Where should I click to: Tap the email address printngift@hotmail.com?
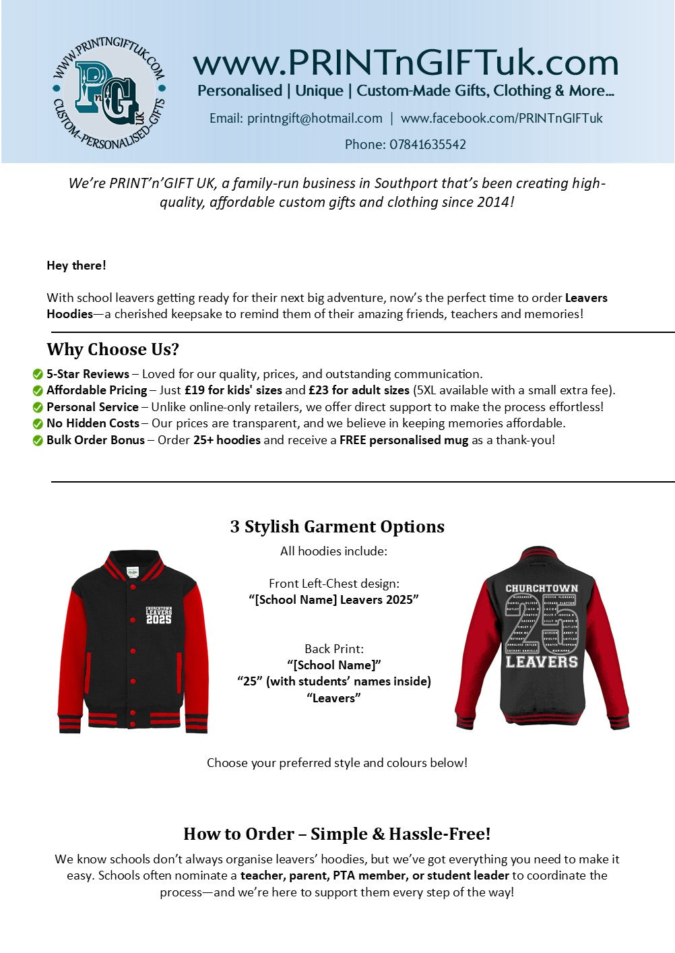(x=315, y=119)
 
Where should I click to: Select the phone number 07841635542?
(x=427, y=144)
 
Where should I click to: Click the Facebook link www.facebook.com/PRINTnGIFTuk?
(x=501, y=119)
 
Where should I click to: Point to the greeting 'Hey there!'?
(x=76, y=266)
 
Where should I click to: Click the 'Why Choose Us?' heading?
(x=112, y=349)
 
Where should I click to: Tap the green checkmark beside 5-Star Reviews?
(x=38, y=375)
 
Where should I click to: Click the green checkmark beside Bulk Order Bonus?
(x=38, y=441)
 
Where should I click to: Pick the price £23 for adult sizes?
(x=358, y=390)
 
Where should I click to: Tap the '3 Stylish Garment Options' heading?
(x=337, y=526)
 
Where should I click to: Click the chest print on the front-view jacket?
(x=158, y=615)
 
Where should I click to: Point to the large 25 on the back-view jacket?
(x=541, y=624)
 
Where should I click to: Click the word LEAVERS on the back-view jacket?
(x=542, y=662)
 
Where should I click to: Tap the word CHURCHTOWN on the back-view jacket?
(x=542, y=588)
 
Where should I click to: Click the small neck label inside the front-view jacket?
(x=133, y=572)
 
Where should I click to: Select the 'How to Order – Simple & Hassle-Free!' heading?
(x=337, y=834)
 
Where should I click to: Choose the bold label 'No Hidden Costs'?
(x=92, y=423)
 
